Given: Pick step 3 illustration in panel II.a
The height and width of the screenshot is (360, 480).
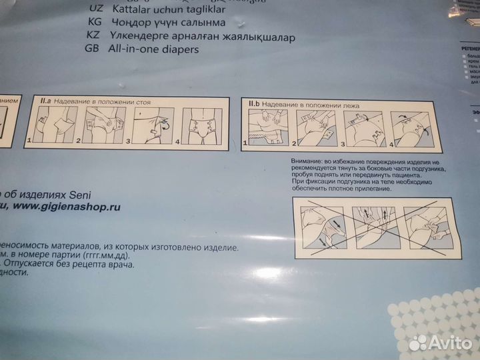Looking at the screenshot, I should click(x=153, y=127).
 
